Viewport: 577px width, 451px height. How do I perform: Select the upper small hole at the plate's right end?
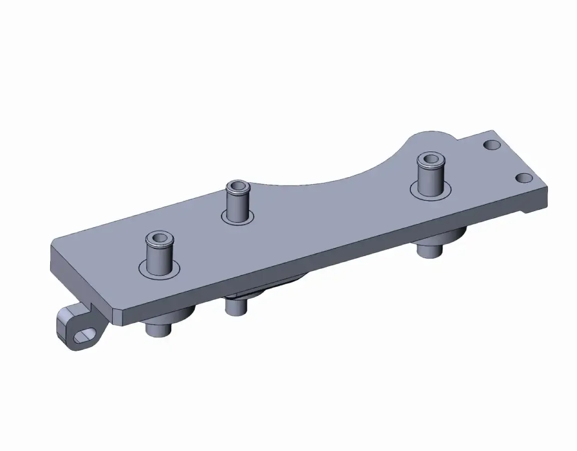coord(492,145)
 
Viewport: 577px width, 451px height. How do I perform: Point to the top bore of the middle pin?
coord(237,187)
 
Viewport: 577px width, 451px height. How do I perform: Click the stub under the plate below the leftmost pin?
coord(158,330)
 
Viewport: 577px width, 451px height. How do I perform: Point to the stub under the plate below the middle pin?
coord(234,306)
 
